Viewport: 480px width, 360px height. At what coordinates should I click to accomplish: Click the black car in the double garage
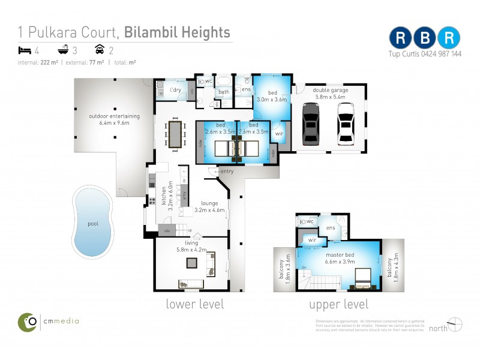(310, 124)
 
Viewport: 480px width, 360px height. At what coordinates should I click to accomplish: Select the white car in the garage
(346, 124)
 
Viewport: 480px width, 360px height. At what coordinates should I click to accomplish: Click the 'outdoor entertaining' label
(114, 116)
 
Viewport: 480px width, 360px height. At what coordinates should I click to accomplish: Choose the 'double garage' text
(329, 90)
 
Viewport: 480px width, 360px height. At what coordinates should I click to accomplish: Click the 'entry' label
(227, 172)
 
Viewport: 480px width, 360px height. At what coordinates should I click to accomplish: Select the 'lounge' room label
(210, 203)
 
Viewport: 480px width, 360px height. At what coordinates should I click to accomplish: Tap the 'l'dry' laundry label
(176, 90)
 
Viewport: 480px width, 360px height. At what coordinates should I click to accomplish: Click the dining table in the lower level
(175, 133)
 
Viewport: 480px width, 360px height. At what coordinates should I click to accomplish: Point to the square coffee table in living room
(191, 263)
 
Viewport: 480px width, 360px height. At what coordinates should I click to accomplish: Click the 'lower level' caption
(194, 304)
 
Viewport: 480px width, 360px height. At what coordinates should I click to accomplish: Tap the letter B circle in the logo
(425, 37)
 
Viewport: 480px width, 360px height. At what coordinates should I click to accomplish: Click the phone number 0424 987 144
(440, 53)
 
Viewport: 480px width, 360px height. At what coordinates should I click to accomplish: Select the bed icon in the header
(25, 50)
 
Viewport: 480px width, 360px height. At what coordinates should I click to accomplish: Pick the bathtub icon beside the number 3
(62, 50)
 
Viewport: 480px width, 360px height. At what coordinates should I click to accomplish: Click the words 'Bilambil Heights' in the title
(178, 31)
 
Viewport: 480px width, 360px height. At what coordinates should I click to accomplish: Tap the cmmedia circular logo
(27, 322)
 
